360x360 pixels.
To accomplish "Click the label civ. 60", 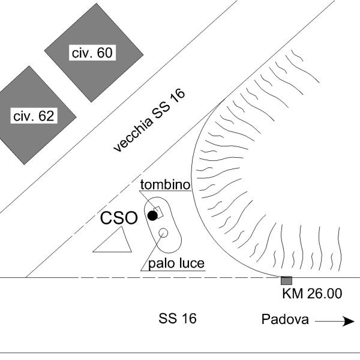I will pos(92,53).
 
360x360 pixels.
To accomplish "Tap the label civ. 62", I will pos(34,116).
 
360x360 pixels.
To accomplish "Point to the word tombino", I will pos(165,185).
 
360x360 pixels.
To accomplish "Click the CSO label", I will pos(119,218).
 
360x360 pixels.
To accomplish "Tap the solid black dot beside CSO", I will pos(152,215).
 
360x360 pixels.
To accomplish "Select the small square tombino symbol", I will pos(158,212).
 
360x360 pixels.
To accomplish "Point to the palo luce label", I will pos(176,263).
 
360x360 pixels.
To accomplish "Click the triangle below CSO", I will pos(114,242).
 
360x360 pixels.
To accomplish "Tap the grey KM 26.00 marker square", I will pos(286,281).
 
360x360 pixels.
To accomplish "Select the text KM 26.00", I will pos(311,294).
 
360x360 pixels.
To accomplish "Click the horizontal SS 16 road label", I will pos(178,319).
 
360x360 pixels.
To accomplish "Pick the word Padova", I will pos(285,320).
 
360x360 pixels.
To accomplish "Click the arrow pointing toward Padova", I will pos(335,322).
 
